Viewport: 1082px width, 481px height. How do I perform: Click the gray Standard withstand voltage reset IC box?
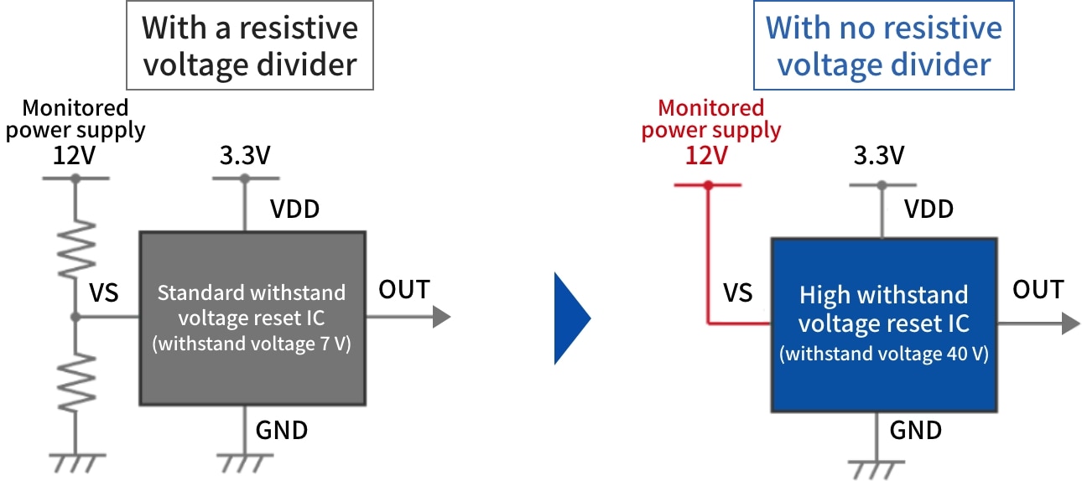point(252,318)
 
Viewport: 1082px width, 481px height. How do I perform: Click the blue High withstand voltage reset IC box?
point(884,324)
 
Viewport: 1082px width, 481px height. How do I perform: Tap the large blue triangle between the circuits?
point(572,318)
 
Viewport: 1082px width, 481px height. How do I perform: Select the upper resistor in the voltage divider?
point(75,250)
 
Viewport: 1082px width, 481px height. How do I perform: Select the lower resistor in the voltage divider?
point(75,383)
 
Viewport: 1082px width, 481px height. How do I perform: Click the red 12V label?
point(706,155)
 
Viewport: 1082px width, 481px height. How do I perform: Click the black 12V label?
point(74,155)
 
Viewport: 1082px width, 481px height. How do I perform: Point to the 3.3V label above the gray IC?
point(245,155)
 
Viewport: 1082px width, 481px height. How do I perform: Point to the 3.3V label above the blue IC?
point(879,155)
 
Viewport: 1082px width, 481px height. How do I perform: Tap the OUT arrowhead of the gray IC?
point(441,317)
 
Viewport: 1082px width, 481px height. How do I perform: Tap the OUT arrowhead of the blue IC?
point(1071,323)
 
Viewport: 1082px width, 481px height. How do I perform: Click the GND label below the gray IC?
point(282,431)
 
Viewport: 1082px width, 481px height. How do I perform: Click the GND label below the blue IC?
point(916,431)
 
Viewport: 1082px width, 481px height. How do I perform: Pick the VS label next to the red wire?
point(737,292)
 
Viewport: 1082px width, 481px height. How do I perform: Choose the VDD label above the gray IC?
point(294,209)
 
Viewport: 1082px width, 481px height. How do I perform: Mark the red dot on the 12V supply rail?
point(708,185)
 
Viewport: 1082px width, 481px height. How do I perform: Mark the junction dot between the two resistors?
point(75,317)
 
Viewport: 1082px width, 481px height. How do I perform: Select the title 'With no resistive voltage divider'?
point(884,45)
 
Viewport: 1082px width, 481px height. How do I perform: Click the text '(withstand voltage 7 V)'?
point(252,344)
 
